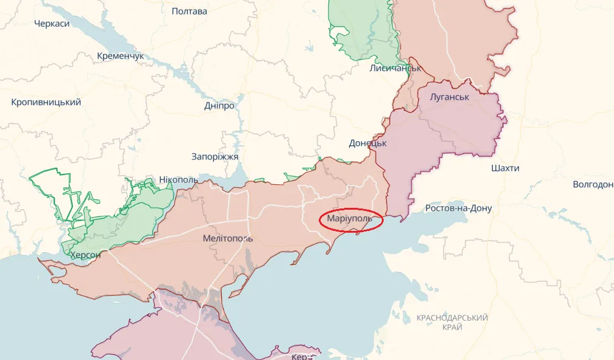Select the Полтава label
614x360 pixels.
tap(189, 11)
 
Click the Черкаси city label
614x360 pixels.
tap(52, 24)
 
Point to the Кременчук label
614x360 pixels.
tap(121, 56)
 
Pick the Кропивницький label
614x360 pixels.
tap(46, 102)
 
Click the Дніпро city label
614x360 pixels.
tap(219, 105)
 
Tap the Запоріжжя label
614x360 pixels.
tap(215, 156)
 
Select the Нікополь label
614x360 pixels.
tap(179, 180)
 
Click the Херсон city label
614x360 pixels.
tap(85, 255)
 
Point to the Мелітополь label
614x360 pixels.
tap(228, 238)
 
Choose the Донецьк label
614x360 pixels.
tap(368, 143)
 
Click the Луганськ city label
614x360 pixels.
tap(449, 97)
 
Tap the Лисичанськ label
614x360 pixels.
tap(395, 68)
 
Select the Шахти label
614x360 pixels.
tap(505, 168)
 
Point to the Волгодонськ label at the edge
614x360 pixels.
tap(592, 184)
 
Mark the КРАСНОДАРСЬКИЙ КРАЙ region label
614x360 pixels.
tap(453, 322)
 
